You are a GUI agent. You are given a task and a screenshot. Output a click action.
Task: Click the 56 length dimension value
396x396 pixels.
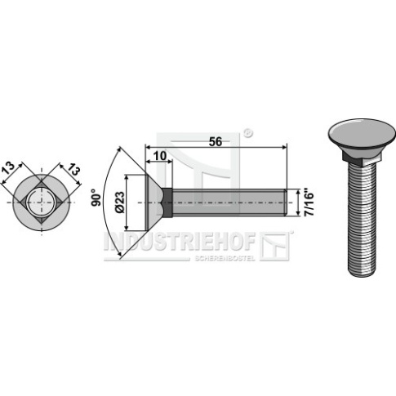coord(216,142)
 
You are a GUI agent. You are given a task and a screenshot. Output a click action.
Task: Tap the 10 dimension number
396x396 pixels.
coord(160,156)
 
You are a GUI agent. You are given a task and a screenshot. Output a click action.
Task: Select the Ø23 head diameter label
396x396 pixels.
coord(120,202)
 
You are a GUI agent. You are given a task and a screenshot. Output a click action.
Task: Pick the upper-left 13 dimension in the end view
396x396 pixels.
coord(8,168)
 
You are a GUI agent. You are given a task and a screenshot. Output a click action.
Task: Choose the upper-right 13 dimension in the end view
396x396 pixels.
coord(73,170)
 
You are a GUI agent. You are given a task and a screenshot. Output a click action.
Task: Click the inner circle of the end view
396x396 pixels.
coord(42,202)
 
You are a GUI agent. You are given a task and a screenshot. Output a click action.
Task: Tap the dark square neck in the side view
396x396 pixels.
coord(167,202)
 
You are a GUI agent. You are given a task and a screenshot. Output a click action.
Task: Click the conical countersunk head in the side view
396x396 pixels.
coord(154,202)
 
